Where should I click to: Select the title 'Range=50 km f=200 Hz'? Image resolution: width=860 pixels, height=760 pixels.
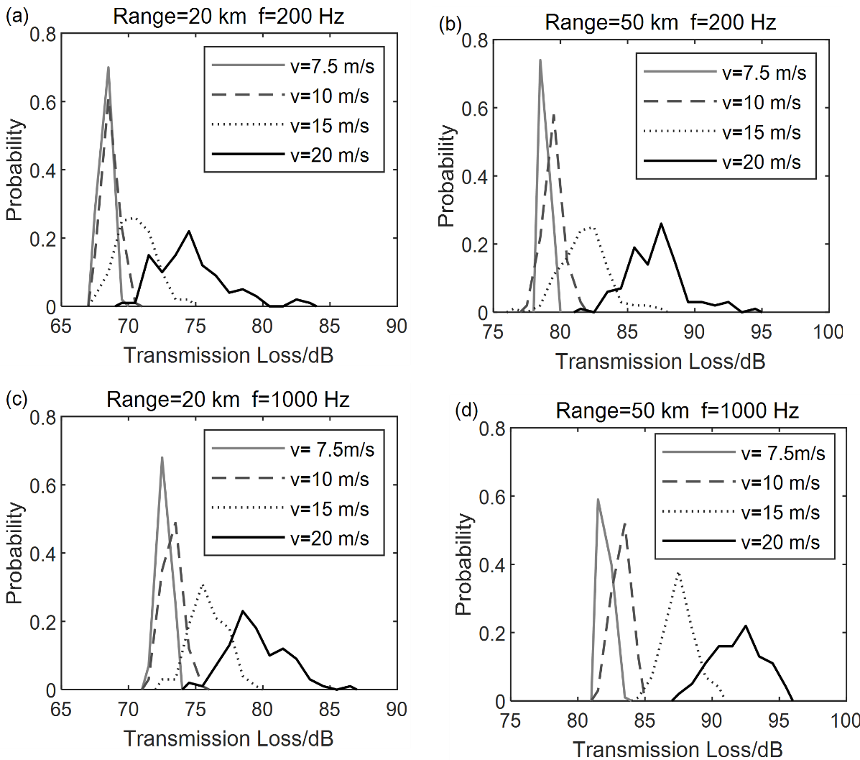click(660, 22)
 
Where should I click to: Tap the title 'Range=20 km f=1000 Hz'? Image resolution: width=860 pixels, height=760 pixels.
click(228, 399)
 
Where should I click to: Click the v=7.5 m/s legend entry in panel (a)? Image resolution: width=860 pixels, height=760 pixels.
click(332, 67)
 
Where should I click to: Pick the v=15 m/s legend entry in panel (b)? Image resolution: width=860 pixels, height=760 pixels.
click(762, 133)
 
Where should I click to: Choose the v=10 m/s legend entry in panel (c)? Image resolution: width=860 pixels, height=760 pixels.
click(329, 480)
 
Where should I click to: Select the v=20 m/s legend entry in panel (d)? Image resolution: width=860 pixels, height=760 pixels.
click(780, 542)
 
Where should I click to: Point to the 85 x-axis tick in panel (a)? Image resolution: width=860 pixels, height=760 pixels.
click(329, 326)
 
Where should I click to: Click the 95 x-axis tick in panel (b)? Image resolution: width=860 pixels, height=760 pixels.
click(761, 331)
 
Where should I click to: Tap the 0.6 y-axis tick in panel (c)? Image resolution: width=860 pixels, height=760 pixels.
click(42, 485)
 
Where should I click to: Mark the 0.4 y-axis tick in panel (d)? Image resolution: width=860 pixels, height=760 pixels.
click(492, 565)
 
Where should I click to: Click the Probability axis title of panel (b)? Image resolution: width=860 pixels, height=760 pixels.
click(446, 175)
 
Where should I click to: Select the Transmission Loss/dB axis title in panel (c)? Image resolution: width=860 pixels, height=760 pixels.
click(228, 738)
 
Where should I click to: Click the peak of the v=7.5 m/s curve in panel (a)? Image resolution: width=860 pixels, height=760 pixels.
click(108, 68)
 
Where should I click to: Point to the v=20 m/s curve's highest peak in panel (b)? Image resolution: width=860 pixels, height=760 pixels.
click(661, 224)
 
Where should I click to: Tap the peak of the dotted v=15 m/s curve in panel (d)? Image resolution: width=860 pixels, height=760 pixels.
click(678, 573)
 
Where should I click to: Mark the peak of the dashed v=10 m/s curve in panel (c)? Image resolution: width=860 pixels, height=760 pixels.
click(175, 523)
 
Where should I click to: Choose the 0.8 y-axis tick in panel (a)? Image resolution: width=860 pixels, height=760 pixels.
click(42, 34)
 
